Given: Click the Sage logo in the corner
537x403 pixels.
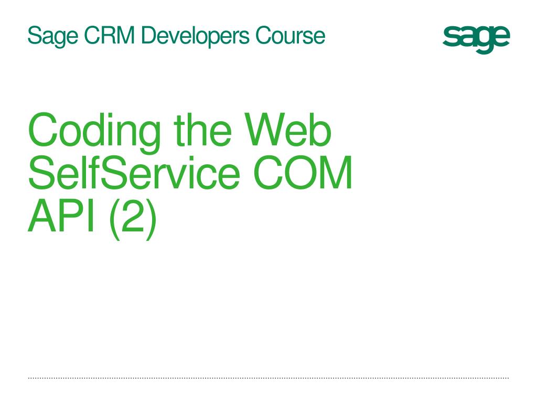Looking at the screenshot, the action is tap(476, 39).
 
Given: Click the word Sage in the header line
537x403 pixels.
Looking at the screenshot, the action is tap(53, 36).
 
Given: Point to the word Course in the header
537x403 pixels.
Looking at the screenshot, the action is tap(290, 35).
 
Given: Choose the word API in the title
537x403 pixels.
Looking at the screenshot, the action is tap(61, 215).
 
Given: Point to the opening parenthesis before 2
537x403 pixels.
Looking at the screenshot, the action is tap(114, 219).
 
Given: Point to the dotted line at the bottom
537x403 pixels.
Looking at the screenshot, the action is tap(268, 378).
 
